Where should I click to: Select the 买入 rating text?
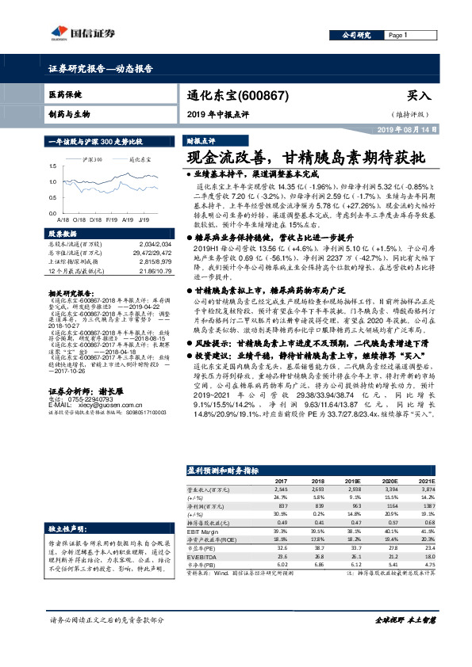pos(418,95)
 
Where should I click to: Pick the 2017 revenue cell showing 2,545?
pos(282,490)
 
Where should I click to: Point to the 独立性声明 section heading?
pos(71,505)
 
